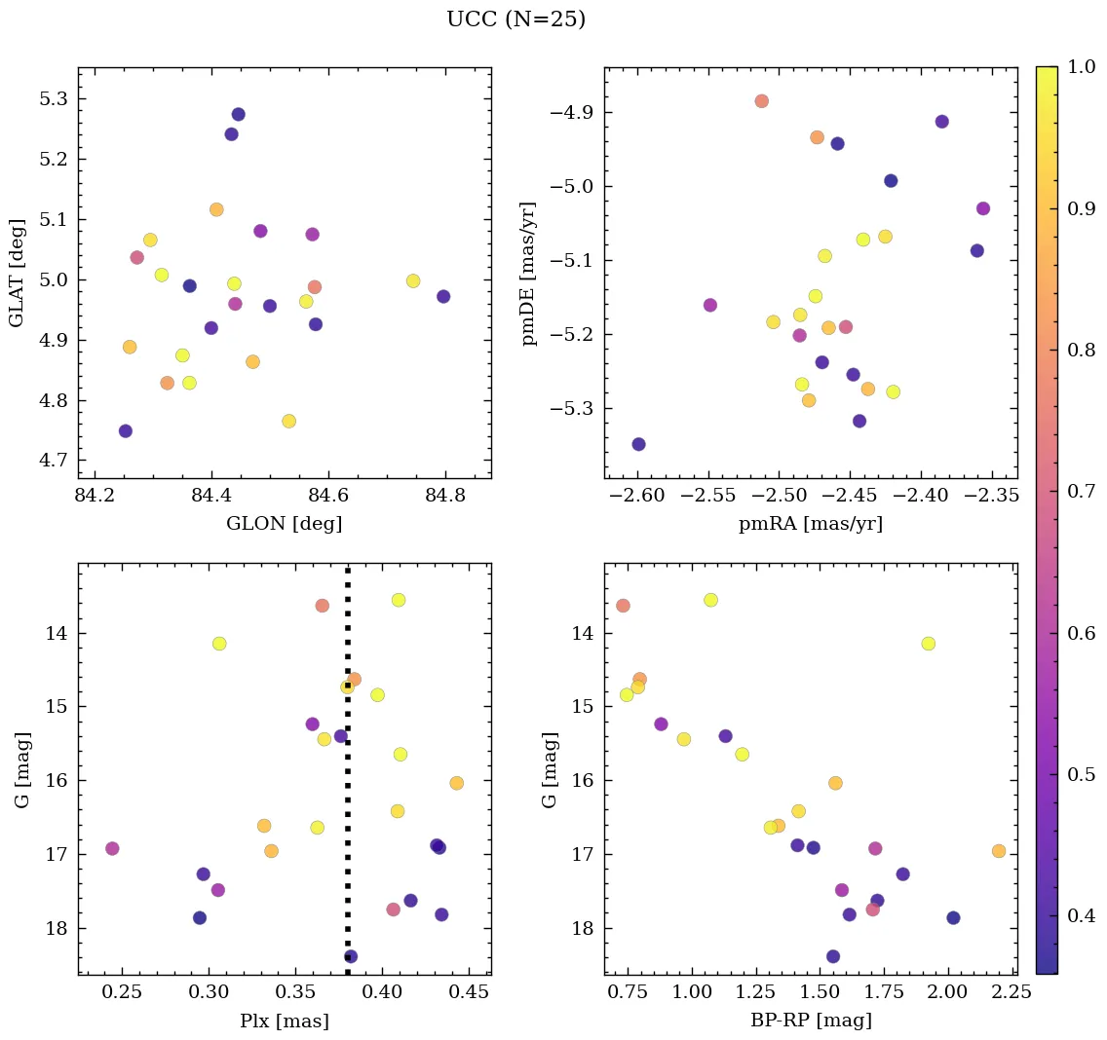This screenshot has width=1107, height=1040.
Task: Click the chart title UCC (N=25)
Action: [515, 19]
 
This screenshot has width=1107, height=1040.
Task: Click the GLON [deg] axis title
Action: [284, 524]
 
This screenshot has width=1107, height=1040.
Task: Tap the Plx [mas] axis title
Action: [284, 1021]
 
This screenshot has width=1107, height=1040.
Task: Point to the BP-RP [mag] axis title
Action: [811, 1021]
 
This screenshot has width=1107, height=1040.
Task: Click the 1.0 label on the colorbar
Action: [1081, 67]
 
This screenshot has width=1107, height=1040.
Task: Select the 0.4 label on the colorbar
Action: [1081, 915]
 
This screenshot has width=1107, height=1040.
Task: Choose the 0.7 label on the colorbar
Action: [1081, 491]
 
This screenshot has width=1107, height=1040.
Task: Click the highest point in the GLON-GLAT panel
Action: [238, 115]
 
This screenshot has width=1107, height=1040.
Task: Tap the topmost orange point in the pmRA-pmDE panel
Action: [761, 101]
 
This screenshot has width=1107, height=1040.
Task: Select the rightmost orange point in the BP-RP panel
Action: [998, 851]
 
